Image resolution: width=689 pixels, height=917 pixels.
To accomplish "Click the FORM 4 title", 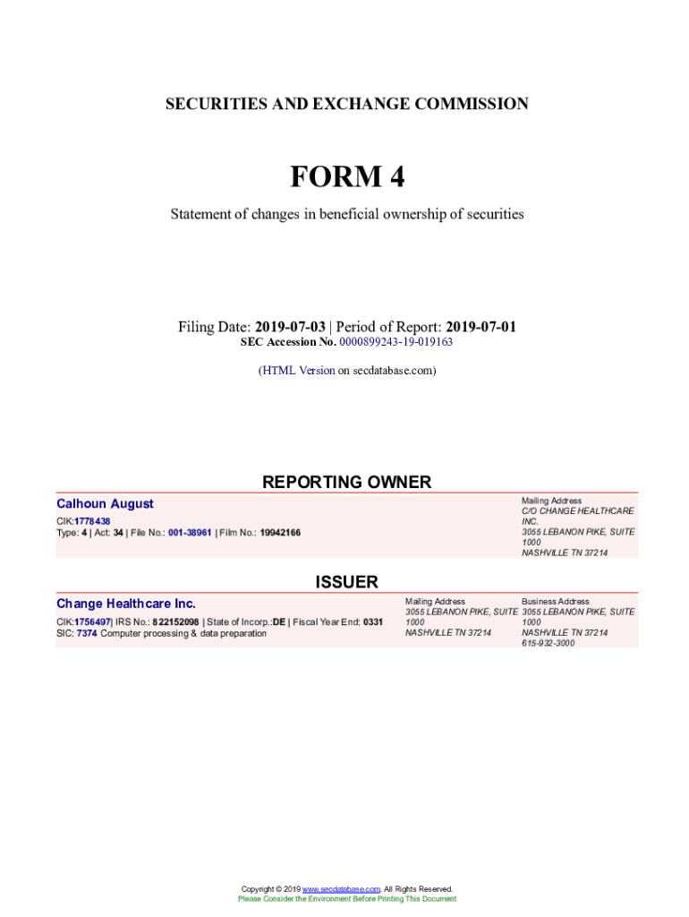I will [346, 176].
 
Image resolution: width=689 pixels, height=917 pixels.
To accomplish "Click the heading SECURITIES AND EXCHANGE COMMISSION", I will [346, 104].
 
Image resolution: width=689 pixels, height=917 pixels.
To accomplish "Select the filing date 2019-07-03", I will [290, 327].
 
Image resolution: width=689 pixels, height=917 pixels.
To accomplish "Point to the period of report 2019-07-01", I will [481, 327].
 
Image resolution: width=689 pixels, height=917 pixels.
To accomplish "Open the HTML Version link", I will [298, 370].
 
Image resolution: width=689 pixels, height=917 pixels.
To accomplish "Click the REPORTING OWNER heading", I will [346, 482].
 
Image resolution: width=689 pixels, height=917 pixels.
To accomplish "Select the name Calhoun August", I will [105, 504].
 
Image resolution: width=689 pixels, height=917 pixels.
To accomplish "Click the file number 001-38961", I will [190, 532].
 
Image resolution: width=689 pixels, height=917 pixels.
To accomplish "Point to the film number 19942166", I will [280, 532].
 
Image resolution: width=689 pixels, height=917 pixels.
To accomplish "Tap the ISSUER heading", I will [346, 582].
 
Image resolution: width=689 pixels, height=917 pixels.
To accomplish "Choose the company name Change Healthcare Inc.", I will [126, 604].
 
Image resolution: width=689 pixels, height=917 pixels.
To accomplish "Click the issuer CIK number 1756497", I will [92, 621].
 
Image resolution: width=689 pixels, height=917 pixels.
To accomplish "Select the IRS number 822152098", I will [175, 621].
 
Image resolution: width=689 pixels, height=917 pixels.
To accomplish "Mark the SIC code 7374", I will [87, 633].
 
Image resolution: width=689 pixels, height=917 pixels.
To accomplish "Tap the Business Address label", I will [555, 601].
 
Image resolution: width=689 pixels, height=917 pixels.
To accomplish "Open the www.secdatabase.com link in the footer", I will [342, 889].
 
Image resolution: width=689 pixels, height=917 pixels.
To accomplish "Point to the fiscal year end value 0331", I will [373, 621].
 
